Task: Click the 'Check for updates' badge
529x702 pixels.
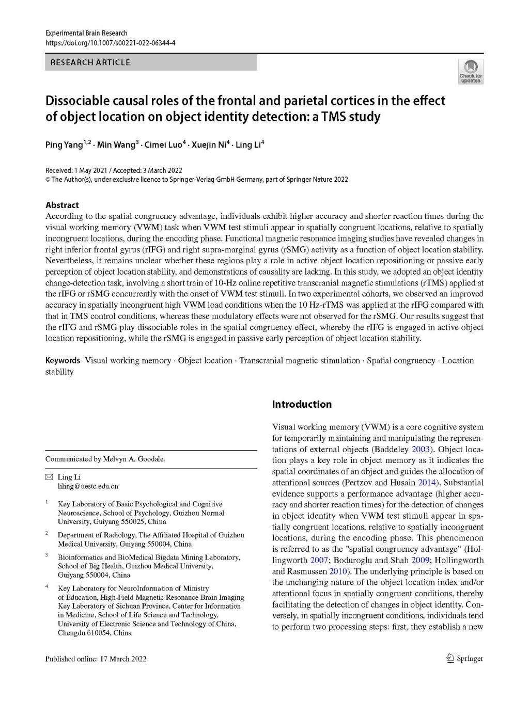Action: pos(470,72)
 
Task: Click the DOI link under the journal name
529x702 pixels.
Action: pos(110,42)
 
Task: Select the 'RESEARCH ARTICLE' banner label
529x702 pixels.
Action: pos(90,62)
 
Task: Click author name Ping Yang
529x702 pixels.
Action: pos(64,145)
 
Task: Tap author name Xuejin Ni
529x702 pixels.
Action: pos(208,145)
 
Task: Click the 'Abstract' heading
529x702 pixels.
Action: pos(62,205)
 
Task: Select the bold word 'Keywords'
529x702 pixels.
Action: pos(63,360)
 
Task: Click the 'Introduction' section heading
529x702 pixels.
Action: pos(302,404)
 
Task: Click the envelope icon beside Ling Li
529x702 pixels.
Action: pos(49,477)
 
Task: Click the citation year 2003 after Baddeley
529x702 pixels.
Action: pos(421,449)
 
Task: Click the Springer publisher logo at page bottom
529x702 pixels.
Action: pos(465,658)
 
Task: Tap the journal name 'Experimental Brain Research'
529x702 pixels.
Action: pos(86,33)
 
